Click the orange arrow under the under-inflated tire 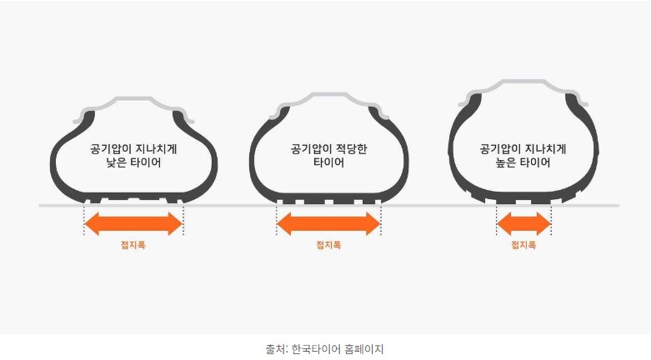133,223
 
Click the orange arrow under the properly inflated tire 328,223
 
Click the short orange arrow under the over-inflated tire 523,223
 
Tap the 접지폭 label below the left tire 133,245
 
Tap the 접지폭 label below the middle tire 328,245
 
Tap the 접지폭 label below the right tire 523,245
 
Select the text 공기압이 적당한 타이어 328,156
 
